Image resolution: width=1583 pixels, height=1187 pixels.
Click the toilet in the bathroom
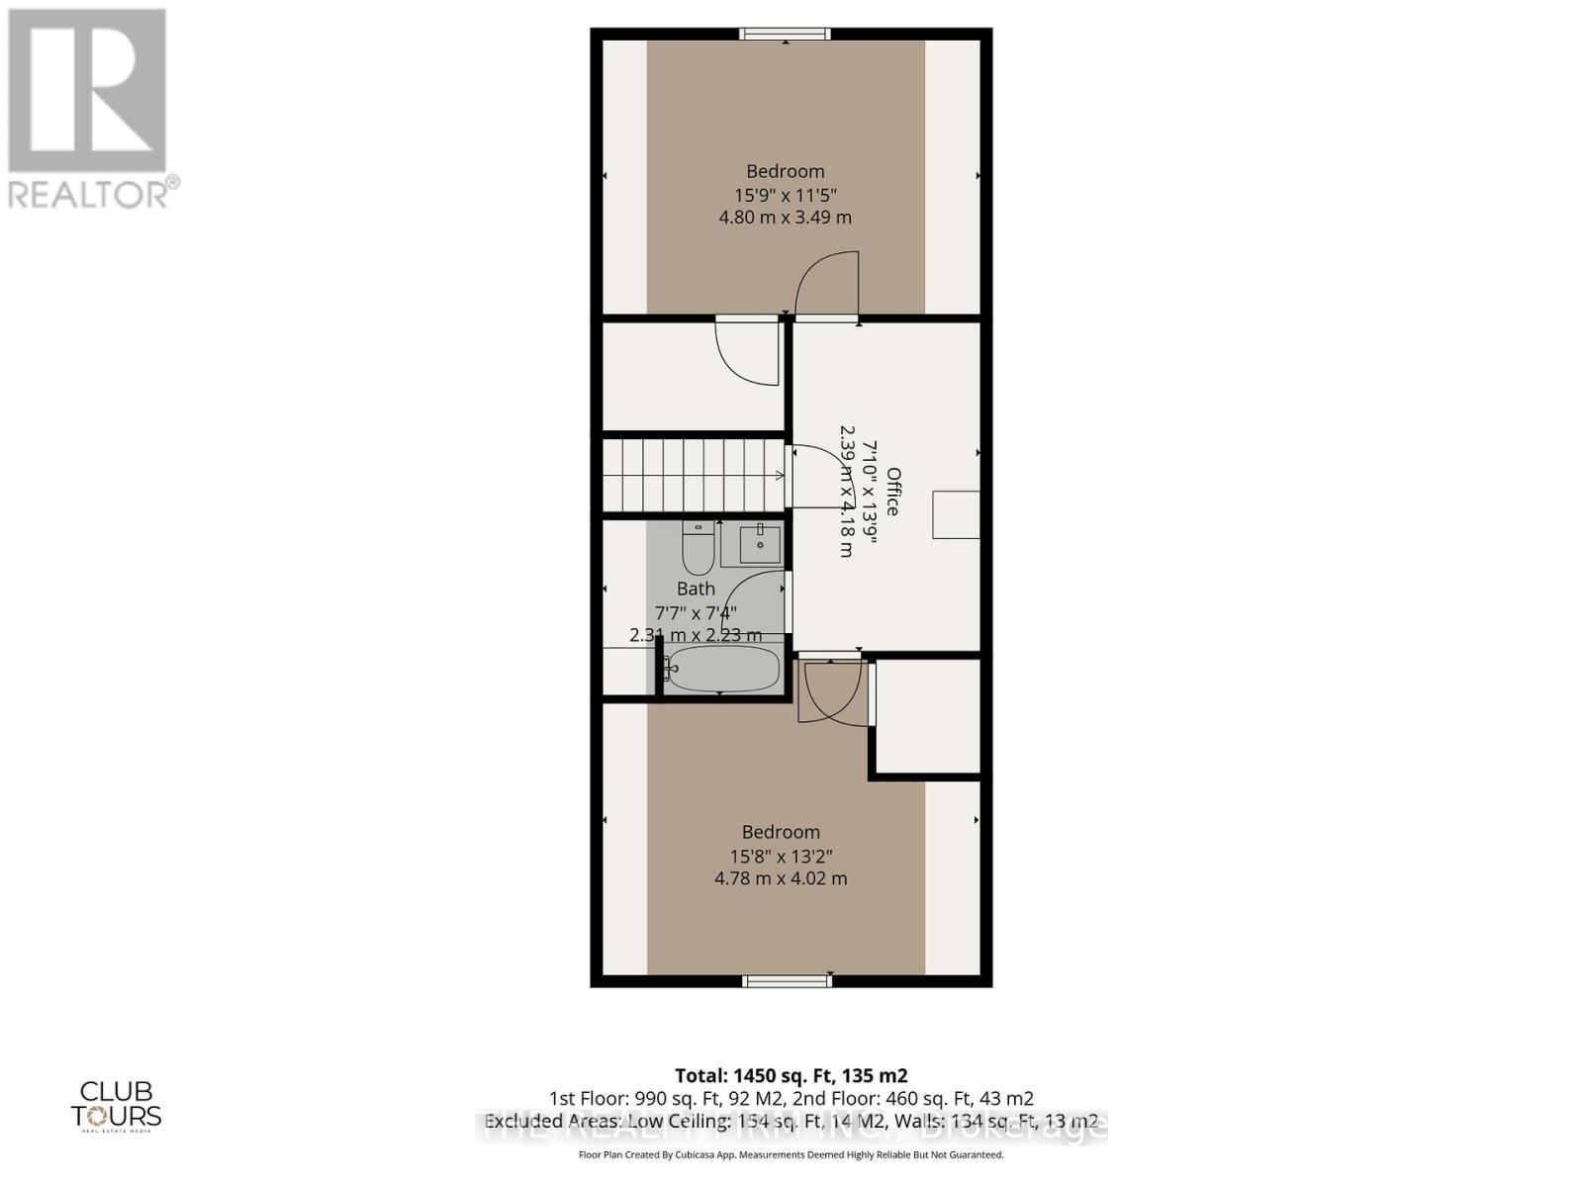[x=698, y=549]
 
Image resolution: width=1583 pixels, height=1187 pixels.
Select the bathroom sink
[x=759, y=545]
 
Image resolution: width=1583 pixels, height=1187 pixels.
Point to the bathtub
[x=724, y=670]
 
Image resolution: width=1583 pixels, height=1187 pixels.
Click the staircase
[x=693, y=475]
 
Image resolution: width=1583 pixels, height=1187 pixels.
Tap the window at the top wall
[x=787, y=35]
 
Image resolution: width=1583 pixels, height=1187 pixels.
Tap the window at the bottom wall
[x=787, y=980]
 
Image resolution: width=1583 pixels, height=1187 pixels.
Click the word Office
[x=892, y=492]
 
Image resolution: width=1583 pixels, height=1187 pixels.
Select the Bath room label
[x=696, y=589]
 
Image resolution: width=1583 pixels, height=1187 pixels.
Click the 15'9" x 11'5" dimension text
[x=786, y=195]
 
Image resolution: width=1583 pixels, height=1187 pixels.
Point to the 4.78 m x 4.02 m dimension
[x=782, y=878]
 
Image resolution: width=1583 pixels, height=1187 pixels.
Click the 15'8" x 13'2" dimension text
[x=782, y=856]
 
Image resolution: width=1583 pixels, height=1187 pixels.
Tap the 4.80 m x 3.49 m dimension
[x=786, y=218]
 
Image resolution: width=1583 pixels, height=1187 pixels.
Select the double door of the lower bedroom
[x=832, y=690]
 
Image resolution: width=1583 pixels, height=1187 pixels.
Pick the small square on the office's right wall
[x=956, y=514]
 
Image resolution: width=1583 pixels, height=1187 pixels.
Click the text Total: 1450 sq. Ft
[x=791, y=1075]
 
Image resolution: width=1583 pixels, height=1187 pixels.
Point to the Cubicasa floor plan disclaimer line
[x=791, y=1154]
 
